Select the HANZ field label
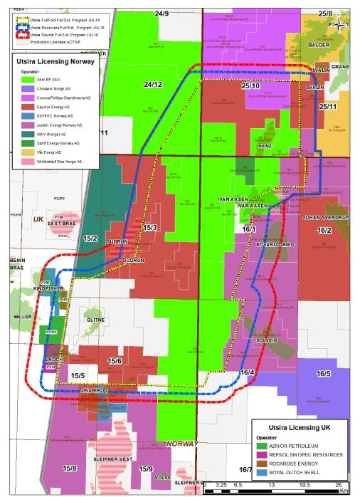[265, 145]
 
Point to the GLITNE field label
[95, 320]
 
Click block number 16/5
[324, 373]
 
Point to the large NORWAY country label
[182, 444]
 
